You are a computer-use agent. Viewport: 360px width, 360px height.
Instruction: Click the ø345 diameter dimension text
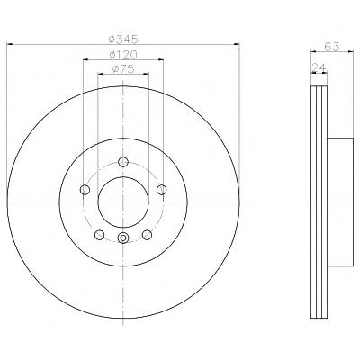tap(123, 39)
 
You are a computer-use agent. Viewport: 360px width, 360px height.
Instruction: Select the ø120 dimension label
tap(123, 55)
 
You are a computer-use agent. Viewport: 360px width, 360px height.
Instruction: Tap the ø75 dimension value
tap(123, 69)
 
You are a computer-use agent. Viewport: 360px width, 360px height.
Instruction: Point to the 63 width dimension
tap(332, 47)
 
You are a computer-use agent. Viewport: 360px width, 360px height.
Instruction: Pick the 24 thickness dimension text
tap(319, 68)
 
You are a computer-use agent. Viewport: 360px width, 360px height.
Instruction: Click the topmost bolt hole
tap(123, 162)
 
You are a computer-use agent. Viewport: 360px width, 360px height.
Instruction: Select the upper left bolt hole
tap(85, 190)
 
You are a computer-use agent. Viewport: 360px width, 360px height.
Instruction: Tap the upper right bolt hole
tap(161, 190)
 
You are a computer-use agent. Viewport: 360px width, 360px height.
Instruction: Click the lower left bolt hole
tap(99, 235)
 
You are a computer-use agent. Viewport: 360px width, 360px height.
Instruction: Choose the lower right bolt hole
tap(147, 235)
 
